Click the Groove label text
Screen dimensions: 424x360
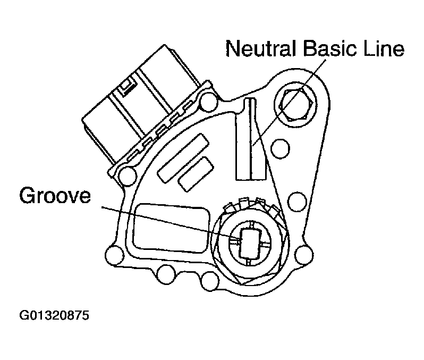click(55, 196)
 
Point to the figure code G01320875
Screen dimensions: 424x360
click(54, 316)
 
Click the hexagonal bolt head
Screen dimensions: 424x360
click(296, 104)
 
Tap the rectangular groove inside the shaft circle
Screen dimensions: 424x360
click(250, 244)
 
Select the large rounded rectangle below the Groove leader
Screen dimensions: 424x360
click(172, 228)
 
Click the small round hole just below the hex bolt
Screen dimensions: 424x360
click(280, 148)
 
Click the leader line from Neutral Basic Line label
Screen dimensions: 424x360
click(289, 103)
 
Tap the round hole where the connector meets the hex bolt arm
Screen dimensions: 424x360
click(208, 102)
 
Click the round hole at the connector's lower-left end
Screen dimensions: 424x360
click(128, 177)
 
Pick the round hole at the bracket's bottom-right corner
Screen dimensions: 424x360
click(304, 255)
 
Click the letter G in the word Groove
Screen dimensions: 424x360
click(27, 196)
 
